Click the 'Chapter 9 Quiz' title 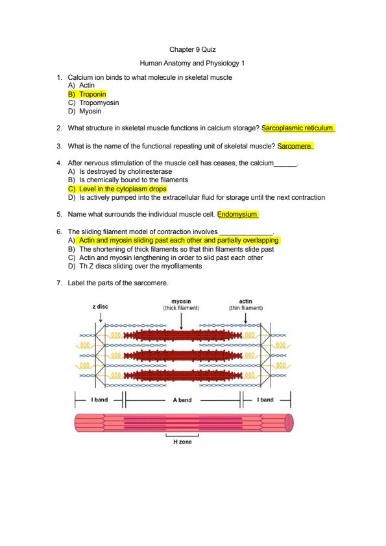(193, 49)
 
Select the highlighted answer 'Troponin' (93, 94)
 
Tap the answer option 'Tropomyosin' (99, 102)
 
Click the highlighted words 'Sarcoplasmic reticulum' (297, 128)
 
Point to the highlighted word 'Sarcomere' (295, 147)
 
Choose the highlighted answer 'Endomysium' (237, 214)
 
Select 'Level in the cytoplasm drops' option (123, 189)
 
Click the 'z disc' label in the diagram (101, 307)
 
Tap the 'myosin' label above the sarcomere (181, 301)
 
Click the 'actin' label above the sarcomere (246, 301)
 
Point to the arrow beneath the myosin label (181, 321)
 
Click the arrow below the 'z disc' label (101, 317)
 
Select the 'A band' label (182, 400)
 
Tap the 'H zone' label (182, 442)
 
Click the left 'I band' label (99, 399)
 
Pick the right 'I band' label (265, 399)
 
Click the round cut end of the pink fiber (289, 423)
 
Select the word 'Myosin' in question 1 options (90, 112)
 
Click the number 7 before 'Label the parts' (59, 283)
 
